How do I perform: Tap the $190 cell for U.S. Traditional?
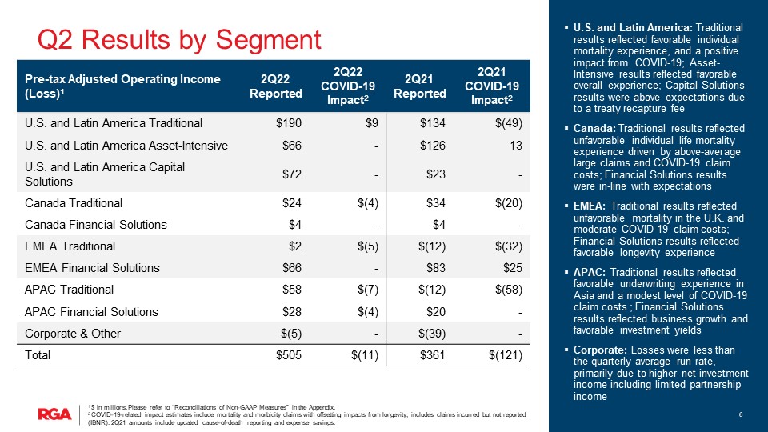(289, 123)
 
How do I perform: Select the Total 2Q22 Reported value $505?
(289, 354)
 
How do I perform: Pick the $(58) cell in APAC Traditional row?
(507, 290)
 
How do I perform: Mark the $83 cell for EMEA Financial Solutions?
(436, 268)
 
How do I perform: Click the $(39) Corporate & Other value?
(430, 333)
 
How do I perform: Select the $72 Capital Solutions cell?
(292, 174)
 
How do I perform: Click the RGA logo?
(55, 414)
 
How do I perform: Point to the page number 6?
(742, 414)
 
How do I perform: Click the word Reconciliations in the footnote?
(190, 407)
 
